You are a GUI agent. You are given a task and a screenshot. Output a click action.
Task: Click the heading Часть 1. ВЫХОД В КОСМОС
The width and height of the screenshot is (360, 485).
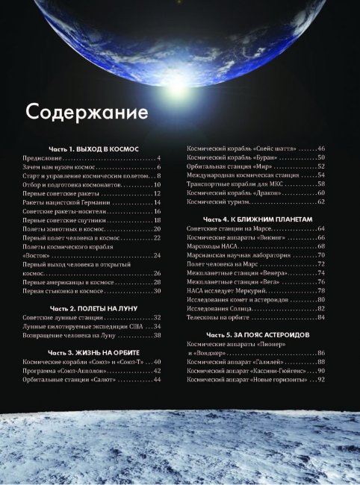point(95,149)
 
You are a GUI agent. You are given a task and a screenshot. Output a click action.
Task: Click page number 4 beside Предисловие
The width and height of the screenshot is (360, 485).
point(159,159)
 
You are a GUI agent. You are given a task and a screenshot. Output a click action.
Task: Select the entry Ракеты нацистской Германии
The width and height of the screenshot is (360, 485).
point(66,202)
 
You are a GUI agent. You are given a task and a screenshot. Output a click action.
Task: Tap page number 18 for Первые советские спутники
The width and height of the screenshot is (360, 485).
point(157,220)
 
